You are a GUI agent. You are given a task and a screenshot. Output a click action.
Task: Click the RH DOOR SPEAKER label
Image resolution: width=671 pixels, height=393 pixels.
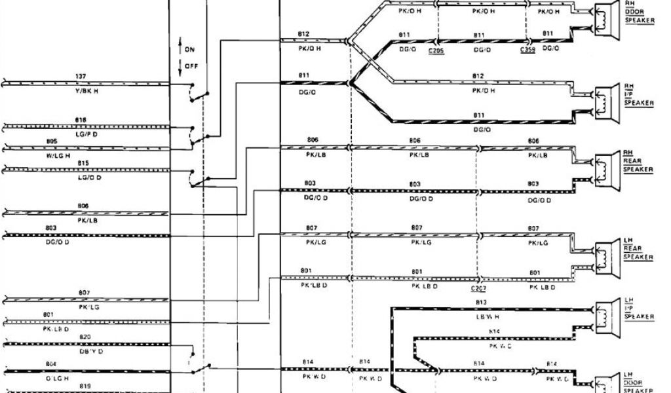click(639, 12)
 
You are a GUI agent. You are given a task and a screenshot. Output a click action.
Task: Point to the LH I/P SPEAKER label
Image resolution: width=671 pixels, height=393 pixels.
click(638, 307)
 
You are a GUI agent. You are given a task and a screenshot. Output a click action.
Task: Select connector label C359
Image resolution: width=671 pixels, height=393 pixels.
click(527, 50)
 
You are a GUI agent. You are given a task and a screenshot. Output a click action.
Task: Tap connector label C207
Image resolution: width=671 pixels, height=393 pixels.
click(479, 288)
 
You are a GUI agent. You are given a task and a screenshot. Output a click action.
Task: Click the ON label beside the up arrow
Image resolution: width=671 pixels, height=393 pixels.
click(190, 49)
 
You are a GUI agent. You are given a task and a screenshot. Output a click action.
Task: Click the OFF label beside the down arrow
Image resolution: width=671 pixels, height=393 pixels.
click(191, 66)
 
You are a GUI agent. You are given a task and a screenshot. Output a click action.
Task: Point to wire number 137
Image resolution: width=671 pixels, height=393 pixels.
click(81, 77)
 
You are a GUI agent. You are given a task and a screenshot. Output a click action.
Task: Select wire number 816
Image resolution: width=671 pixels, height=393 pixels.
click(81, 120)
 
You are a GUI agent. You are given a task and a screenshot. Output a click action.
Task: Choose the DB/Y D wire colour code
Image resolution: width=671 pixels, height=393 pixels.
click(90, 351)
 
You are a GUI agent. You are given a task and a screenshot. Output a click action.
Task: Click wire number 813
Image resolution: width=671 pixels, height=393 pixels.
click(482, 302)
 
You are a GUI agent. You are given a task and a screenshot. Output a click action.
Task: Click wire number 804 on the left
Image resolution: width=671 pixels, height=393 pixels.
click(52, 364)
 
